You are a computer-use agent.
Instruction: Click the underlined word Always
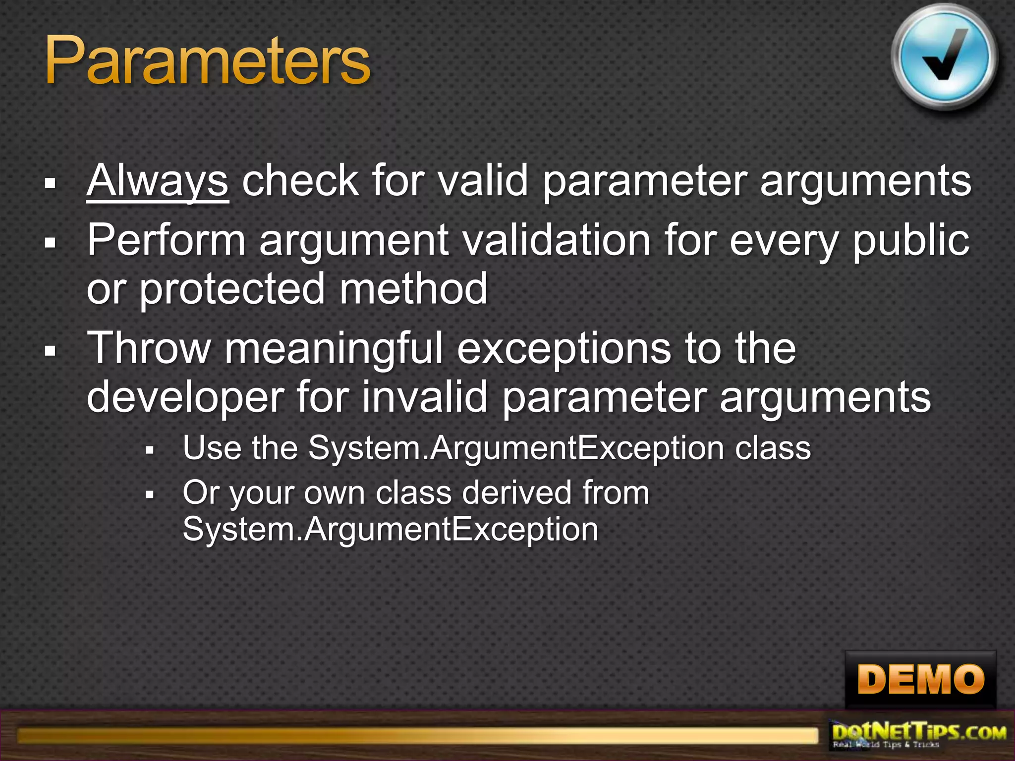(157, 181)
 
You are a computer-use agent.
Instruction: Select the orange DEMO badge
(920, 679)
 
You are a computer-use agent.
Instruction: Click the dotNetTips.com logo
(919, 735)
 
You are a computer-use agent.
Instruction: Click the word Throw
(149, 348)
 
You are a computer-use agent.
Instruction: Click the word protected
(232, 289)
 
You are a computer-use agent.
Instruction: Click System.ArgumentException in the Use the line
(516, 448)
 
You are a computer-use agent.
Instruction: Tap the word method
(413, 289)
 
